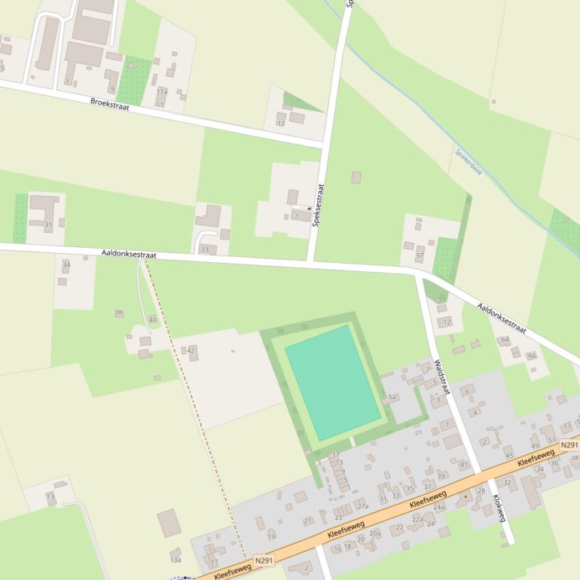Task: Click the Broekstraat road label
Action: coord(110,104)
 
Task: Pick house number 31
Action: coord(48,224)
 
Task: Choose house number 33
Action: coord(204,249)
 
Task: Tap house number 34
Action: coord(66,265)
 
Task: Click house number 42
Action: coord(191,351)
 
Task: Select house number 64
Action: coord(505,340)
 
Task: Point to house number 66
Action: coord(532,356)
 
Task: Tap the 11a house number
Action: coord(162,92)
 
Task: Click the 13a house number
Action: coord(176,560)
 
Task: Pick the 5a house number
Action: coord(392,397)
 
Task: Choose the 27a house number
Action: coord(362,506)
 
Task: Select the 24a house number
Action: coord(439,508)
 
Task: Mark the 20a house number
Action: coord(374,533)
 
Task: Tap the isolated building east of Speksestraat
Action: coord(356,178)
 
